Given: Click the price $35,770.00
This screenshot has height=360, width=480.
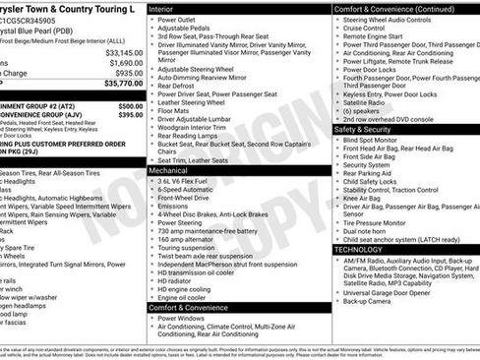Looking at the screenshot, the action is click(x=119, y=86).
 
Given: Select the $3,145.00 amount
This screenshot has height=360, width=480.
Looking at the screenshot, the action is click(x=123, y=52).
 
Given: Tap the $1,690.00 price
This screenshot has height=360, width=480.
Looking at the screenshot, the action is click(x=123, y=63).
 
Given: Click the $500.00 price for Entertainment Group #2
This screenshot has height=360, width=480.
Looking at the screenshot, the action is click(x=130, y=105).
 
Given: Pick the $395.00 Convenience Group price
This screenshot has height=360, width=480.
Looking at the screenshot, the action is click(x=130, y=114).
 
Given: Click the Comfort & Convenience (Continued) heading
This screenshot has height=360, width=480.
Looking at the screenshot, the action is click(x=393, y=8).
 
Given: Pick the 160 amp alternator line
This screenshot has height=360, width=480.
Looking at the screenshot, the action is click(x=186, y=238).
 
